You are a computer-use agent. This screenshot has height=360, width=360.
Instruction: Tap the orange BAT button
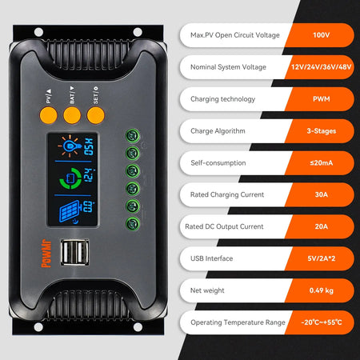tap(73, 114)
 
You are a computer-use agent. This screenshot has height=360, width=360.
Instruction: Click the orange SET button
tap(97, 114)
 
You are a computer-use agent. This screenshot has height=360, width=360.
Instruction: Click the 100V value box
tap(321, 37)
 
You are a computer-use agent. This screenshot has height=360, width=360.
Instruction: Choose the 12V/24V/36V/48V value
tap(321, 68)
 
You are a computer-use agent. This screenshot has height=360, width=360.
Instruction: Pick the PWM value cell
tap(321, 99)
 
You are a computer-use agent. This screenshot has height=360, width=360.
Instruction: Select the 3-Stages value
tap(321, 130)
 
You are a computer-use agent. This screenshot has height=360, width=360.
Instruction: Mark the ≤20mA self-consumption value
tap(321, 162)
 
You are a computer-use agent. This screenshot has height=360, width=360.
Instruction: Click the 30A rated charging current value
tap(321, 194)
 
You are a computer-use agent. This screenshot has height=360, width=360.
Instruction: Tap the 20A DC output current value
tap(321, 226)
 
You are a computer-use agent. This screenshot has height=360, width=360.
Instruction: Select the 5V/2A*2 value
tap(321, 258)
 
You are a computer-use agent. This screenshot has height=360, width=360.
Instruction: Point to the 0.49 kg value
tap(321, 290)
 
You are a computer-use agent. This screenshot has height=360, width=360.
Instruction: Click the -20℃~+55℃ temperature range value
tap(321, 322)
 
